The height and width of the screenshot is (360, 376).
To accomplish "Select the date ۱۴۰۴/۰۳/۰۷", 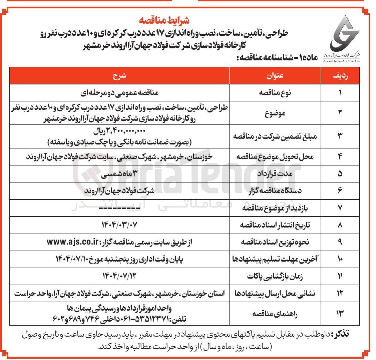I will tap(119, 225).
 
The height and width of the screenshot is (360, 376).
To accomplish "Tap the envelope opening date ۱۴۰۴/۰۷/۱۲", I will tap(119, 276).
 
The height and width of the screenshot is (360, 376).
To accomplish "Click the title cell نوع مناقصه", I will tap(275, 92).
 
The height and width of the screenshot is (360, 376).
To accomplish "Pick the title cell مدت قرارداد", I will tap(275, 174).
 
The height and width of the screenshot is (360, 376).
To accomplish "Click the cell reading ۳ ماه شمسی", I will tap(119, 174).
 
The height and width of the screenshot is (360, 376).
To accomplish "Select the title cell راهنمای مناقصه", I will tap(275, 314).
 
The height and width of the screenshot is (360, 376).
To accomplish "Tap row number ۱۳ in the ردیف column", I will tap(340, 314).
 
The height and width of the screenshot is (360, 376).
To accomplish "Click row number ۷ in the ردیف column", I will tap(340, 208).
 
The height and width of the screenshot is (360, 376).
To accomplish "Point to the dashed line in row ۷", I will tap(119, 208).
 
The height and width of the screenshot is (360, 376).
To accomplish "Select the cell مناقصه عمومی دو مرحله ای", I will tap(119, 92).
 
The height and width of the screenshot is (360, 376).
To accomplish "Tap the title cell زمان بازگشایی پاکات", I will tap(275, 276).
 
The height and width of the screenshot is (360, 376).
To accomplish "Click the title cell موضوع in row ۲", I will tap(275, 113).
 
